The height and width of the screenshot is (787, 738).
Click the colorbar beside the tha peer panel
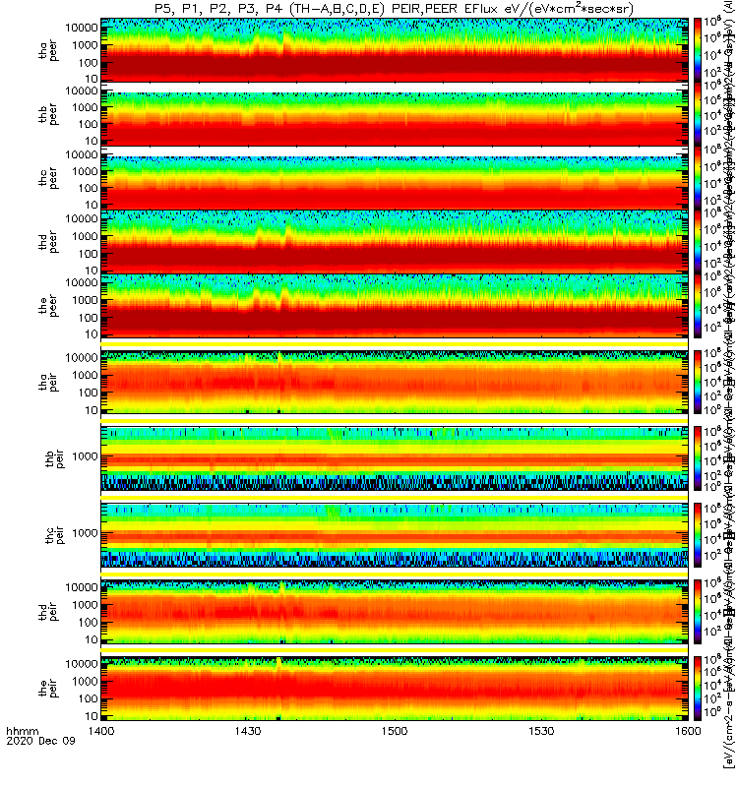pos(698,50)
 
